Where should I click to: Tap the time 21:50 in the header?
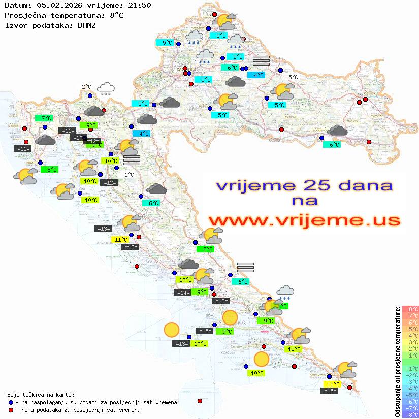click(139, 5)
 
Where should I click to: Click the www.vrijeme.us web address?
click(304, 220)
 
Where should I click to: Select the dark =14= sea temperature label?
click(182, 292)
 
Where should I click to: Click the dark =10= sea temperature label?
click(78, 138)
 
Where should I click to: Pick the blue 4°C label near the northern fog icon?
click(256, 75)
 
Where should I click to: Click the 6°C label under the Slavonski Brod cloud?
click(333, 145)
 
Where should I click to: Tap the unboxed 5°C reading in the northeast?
click(293, 77)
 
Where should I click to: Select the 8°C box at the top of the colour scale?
click(410, 309)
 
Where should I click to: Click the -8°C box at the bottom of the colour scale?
click(410, 415)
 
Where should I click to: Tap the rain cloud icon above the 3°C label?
click(285, 292)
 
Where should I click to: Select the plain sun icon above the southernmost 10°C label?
click(262, 359)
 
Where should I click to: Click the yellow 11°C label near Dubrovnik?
click(333, 384)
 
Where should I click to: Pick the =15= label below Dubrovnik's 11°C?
click(330, 391)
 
